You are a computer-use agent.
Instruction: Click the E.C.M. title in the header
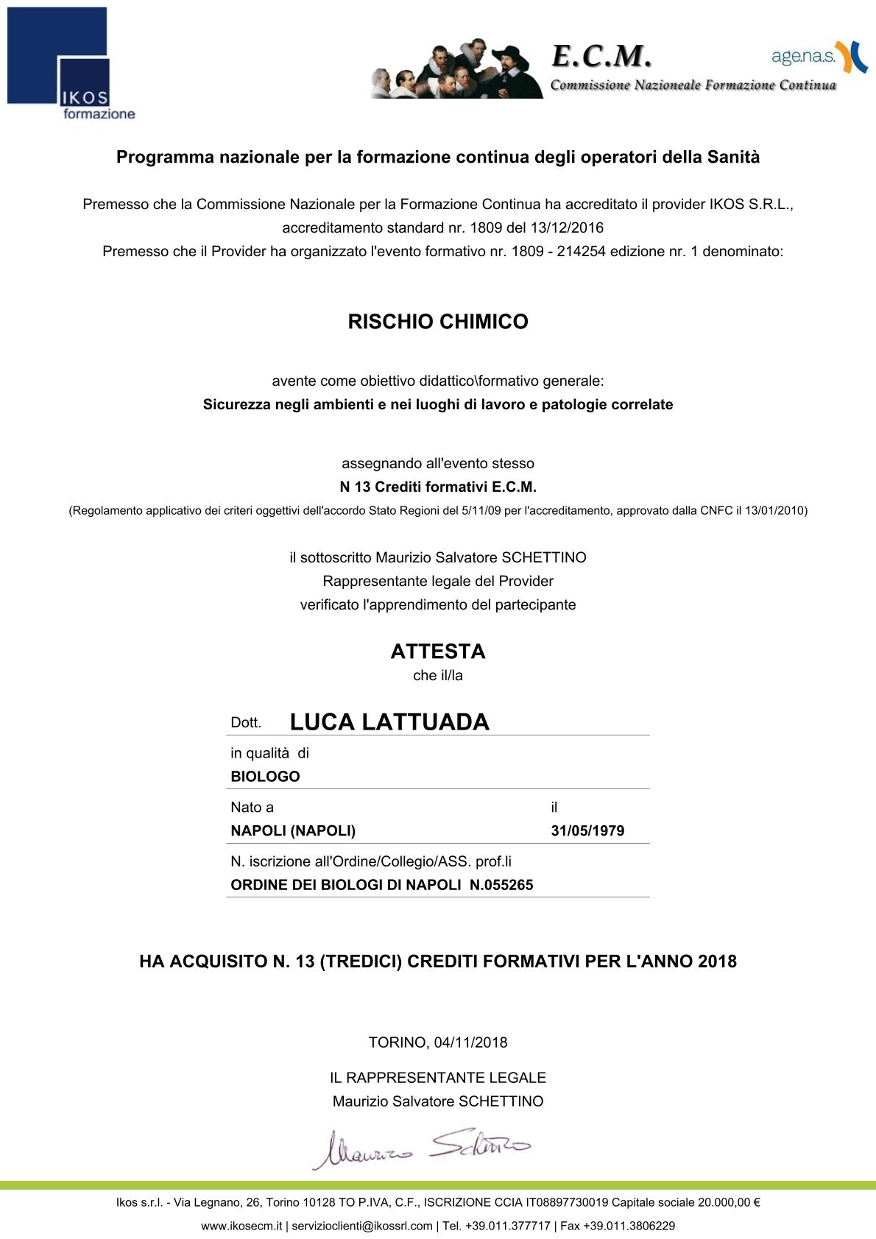tap(601, 56)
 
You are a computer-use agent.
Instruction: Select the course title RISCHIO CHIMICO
tap(438, 322)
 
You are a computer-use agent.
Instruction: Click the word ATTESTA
tap(438, 652)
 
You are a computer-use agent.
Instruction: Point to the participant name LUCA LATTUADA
tap(389, 722)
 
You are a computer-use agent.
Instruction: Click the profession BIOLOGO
tap(265, 777)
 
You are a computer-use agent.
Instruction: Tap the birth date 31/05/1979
tap(587, 831)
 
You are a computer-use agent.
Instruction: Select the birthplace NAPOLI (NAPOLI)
tap(293, 831)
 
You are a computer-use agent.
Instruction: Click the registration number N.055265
tap(501, 885)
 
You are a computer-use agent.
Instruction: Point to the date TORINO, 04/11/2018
tap(438, 1042)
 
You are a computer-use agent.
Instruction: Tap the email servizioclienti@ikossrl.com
tap(362, 1226)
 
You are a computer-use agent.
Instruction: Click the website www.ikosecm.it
tap(241, 1226)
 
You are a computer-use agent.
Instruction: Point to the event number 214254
tap(581, 251)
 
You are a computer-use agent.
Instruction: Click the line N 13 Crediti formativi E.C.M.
tap(438, 487)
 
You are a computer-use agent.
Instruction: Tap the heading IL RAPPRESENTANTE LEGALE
tap(438, 1078)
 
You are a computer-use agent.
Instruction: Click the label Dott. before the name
tap(246, 723)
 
